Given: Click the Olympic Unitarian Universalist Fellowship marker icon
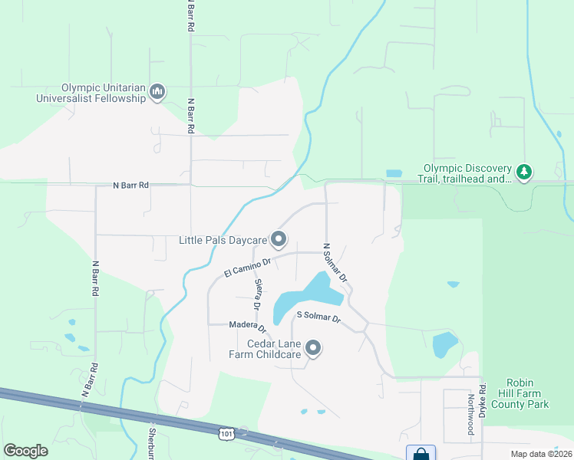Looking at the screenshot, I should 158,93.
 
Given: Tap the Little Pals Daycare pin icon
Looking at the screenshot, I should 279,240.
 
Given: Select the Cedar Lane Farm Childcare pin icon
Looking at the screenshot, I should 313,349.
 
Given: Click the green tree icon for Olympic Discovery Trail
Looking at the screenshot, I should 524,172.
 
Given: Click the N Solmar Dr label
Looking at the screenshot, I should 335,262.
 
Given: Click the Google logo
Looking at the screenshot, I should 25,450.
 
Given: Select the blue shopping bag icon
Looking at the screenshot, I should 421,454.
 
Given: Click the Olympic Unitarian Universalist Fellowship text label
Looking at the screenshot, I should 91,93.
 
